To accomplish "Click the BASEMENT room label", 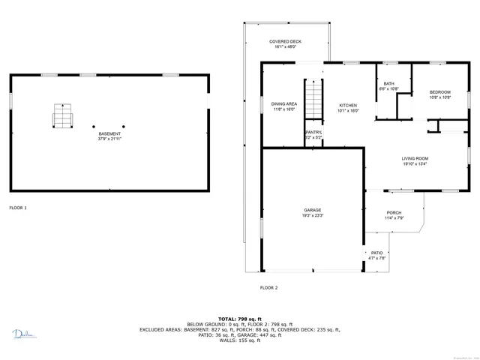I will [109, 134].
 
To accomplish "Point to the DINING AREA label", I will [283, 103].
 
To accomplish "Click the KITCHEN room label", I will [347, 105].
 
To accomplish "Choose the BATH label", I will [388, 83].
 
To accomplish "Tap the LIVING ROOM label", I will [415, 158].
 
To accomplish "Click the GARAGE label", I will [313, 210].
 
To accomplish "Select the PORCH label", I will [394, 213].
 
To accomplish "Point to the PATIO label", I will [377, 253].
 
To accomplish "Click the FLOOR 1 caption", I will [17, 207].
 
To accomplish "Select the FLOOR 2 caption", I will [268, 288].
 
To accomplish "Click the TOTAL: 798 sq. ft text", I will [239, 319].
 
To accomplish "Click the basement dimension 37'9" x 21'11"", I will [109, 139].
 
